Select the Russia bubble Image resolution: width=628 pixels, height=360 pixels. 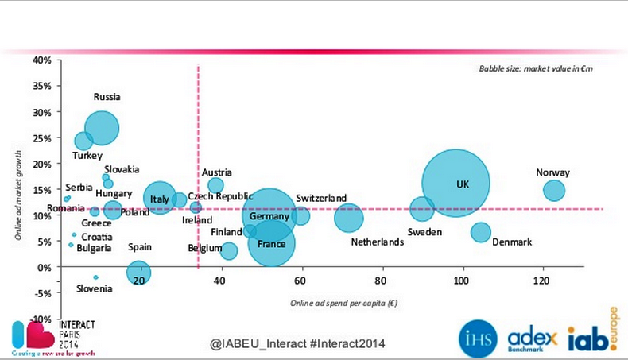(x=103, y=127)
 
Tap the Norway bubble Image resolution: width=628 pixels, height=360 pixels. (x=554, y=190)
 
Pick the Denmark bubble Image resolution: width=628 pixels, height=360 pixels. (x=480, y=232)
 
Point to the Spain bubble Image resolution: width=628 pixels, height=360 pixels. (x=139, y=272)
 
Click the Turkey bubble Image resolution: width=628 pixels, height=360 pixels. (x=83, y=141)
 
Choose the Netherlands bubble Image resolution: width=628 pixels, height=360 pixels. (x=348, y=218)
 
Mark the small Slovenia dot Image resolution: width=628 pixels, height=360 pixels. (x=95, y=277)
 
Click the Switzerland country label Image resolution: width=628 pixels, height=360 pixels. (x=321, y=198)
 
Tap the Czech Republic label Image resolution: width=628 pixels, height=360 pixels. (x=220, y=196)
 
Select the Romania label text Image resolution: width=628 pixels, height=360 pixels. (x=64, y=208)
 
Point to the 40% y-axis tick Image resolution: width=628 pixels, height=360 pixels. (x=42, y=60)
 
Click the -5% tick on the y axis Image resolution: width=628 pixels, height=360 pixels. (x=44, y=293)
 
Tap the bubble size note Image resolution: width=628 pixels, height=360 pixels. (x=536, y=69)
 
